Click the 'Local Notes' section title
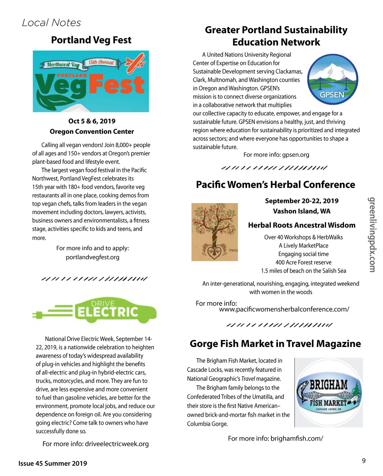coord(51,23)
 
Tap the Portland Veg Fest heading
coord(91,40)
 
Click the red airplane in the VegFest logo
coord(135,63)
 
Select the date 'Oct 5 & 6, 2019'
coord(92,121)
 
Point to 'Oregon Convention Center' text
coord(92,132)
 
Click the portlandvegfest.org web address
coord(93,257)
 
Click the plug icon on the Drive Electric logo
coord(38,315)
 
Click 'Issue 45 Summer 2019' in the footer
coord(53,464)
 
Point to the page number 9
coord(364,461)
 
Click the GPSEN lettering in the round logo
coord(332,95)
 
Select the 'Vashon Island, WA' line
coord(302,211)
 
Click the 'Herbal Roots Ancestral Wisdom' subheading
coord(302,225)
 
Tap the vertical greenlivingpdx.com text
coord(372,235)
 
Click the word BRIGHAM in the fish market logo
coord(329,385)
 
